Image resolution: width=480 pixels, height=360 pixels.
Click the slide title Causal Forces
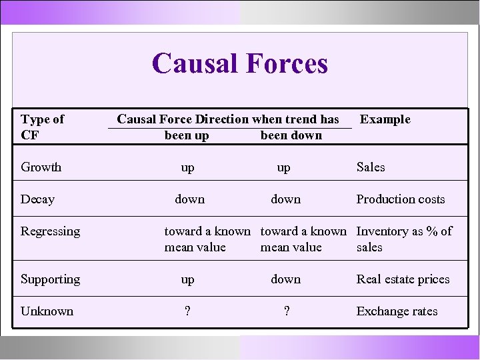[x=240, y=64]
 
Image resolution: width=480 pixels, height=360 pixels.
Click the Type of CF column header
[x=42, y=127]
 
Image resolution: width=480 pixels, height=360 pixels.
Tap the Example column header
[x=385, y=119]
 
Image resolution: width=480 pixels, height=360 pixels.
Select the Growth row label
[x=41, y=167]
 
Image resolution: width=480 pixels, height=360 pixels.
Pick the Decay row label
[x=37, y=199]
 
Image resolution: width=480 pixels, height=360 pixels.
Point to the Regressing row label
[x=50, y=231]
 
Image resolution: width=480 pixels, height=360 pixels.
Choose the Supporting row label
[x=50, y=279]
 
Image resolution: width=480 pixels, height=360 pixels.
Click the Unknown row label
[x=47, y=311]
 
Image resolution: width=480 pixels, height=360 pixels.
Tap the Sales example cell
[x=371, y=167]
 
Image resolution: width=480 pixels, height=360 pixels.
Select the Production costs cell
[x=400, y=199]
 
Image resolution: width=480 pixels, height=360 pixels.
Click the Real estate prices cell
[x=403, y=279]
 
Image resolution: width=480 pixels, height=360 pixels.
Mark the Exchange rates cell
[x=397, y=311]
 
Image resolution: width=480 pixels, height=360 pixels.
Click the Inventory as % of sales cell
[x=404, y=239]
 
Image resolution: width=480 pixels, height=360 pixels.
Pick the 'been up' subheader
[x=187, y=135]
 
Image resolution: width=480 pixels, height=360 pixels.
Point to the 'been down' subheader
[x=291, y=135]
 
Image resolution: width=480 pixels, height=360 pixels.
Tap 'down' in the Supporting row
[x=285, y=279]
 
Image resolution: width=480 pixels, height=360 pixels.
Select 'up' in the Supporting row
[x=188, y=279]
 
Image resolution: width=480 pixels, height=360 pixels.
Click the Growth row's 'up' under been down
[x=284, y=167]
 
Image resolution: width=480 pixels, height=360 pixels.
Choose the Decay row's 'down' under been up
[x=190, y=199]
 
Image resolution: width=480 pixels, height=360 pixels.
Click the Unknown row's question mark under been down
[x=286, y=311]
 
